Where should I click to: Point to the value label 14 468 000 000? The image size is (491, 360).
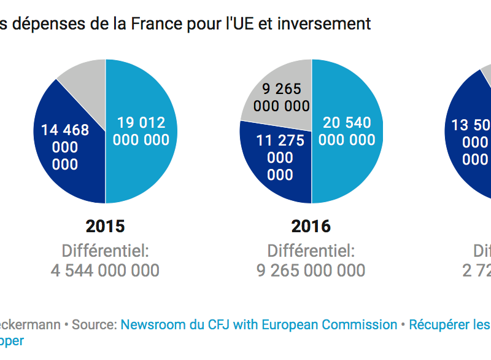tap(65, 147)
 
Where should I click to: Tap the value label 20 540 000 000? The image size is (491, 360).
tap(347, 131)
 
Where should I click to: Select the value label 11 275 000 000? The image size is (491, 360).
tap(280, 158)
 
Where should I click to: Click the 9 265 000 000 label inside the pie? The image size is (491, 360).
tap(282, 97)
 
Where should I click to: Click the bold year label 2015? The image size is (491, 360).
tap(106, 226)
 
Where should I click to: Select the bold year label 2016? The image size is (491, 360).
tap(311, 226)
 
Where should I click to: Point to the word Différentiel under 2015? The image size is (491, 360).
tap(106, 251)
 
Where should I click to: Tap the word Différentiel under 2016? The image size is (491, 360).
tap(311, 251)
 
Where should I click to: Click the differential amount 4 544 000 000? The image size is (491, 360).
tap(106, 270)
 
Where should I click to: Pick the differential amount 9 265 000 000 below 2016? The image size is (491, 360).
tap(311, 270)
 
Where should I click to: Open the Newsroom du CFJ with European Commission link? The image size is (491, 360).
tap(258, 324)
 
